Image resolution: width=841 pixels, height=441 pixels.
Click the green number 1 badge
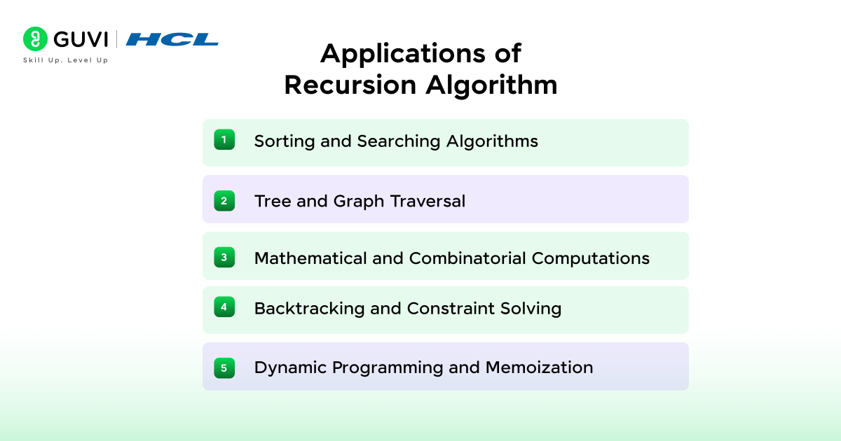[224, 140]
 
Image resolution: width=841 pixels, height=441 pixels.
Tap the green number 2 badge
[224, 201]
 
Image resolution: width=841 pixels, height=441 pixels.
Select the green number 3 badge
[224, 258]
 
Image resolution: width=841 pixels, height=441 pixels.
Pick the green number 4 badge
[224, 307]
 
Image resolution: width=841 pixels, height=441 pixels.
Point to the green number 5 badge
[224, 367]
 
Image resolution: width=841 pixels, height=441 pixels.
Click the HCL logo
[172, 39]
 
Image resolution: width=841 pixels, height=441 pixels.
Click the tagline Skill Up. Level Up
[66, 60]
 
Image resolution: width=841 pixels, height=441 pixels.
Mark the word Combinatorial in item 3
[467, 258]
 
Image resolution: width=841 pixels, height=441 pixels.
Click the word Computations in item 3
[591, 258]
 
